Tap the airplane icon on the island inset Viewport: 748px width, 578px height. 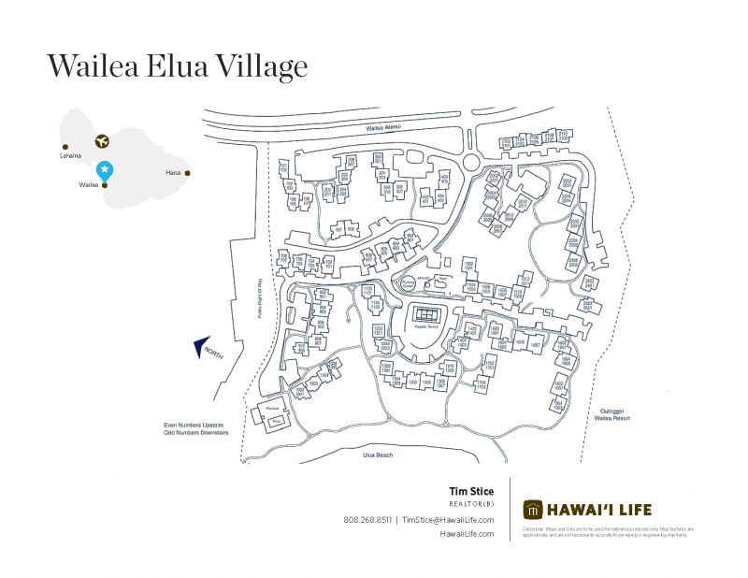pos(102,141)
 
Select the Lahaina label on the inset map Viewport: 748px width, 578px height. pos(69,156)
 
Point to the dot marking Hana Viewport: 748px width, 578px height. pos(187,173)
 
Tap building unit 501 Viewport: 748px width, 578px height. pos(338,230)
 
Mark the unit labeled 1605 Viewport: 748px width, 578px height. pos(519,343)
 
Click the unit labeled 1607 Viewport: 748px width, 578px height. pos(536,344)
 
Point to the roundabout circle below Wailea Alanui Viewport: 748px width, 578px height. pos(470,163)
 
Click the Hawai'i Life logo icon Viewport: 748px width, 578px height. pos(533,510)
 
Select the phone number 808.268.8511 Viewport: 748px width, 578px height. pos(367,520)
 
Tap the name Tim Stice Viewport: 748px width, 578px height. pos(471,492)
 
